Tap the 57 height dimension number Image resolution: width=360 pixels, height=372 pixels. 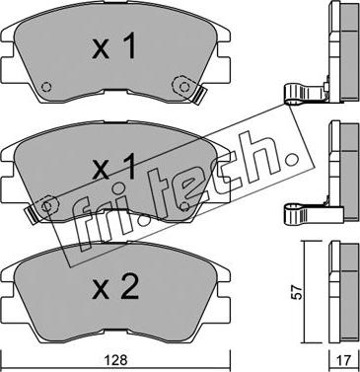[x=298, y=292]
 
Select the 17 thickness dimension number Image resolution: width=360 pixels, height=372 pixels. [x=344, y=360]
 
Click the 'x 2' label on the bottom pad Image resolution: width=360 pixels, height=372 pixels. [x=115, y=287]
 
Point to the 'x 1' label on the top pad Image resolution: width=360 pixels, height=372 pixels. [x=113, y=46]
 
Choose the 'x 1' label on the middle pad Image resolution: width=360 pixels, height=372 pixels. [x=113, y=167]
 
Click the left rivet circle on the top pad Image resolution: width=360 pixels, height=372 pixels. [x=46, y=87]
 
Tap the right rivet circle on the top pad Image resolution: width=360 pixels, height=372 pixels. [x=184, y=87]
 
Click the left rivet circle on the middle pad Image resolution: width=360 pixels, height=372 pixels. [x=47, y=206]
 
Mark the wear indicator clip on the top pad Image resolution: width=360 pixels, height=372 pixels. [x=199, y=94]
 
